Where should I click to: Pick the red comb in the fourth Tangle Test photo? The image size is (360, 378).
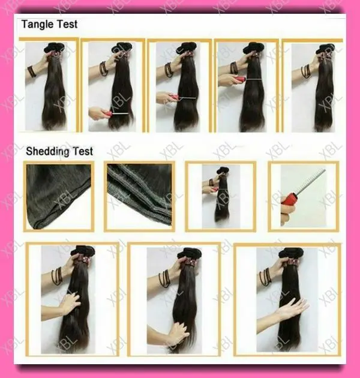tap(239, 79)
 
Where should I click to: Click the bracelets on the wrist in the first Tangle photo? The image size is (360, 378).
tap(31, 70)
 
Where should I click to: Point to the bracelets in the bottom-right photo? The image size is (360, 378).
tap(265, 277)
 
